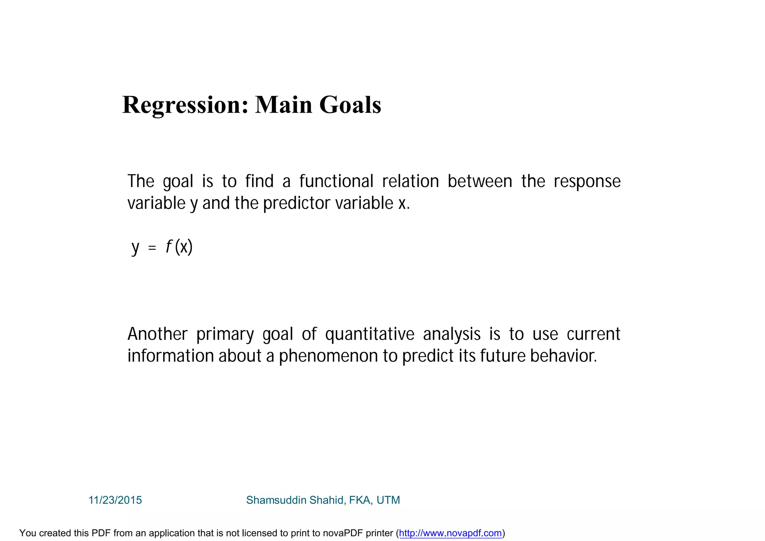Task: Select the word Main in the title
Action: click(x=284, y=105)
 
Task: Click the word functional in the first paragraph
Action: click(x=336, y=182)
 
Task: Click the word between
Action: click(x=480, y=182)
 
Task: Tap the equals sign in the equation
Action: click(x=152, y=248)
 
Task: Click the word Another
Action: click(x=157, y=334)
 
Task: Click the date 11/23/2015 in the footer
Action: click(x=115, y=500)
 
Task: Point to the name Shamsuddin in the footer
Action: click(x=276, y=500)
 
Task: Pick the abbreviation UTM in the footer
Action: click(x=388, y=500)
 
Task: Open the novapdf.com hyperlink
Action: click(x=450, y=533)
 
